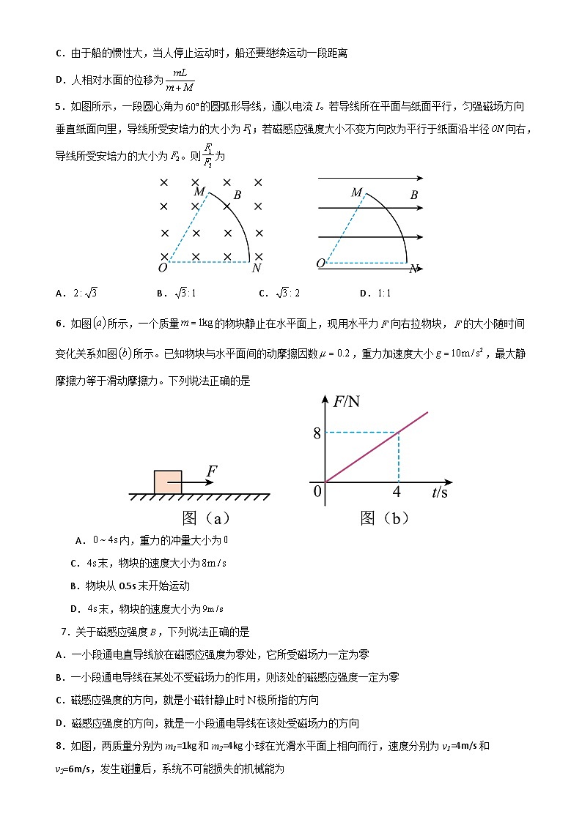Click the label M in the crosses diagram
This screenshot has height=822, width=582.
(x=199, y=192)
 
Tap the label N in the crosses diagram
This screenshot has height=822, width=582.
(x=256, y=268)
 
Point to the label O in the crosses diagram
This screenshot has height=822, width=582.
(x=162, y=268)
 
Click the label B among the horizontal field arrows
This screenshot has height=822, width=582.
(x=414, y=195)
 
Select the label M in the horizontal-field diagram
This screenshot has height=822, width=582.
(x=357, y=193)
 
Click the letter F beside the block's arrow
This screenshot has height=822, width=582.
(x=211, y=471)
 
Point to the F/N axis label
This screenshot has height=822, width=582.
(x=347, y=402)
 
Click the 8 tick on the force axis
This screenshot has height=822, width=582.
(x=317, y=433)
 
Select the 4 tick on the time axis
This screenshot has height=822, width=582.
(x=397, y=491)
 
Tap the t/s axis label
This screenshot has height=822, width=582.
(x=440, y=492)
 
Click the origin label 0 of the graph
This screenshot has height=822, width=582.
(x=317, y=491)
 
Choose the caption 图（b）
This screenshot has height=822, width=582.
(x=385, y=518)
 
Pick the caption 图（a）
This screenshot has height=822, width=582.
(x=207, y=518)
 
